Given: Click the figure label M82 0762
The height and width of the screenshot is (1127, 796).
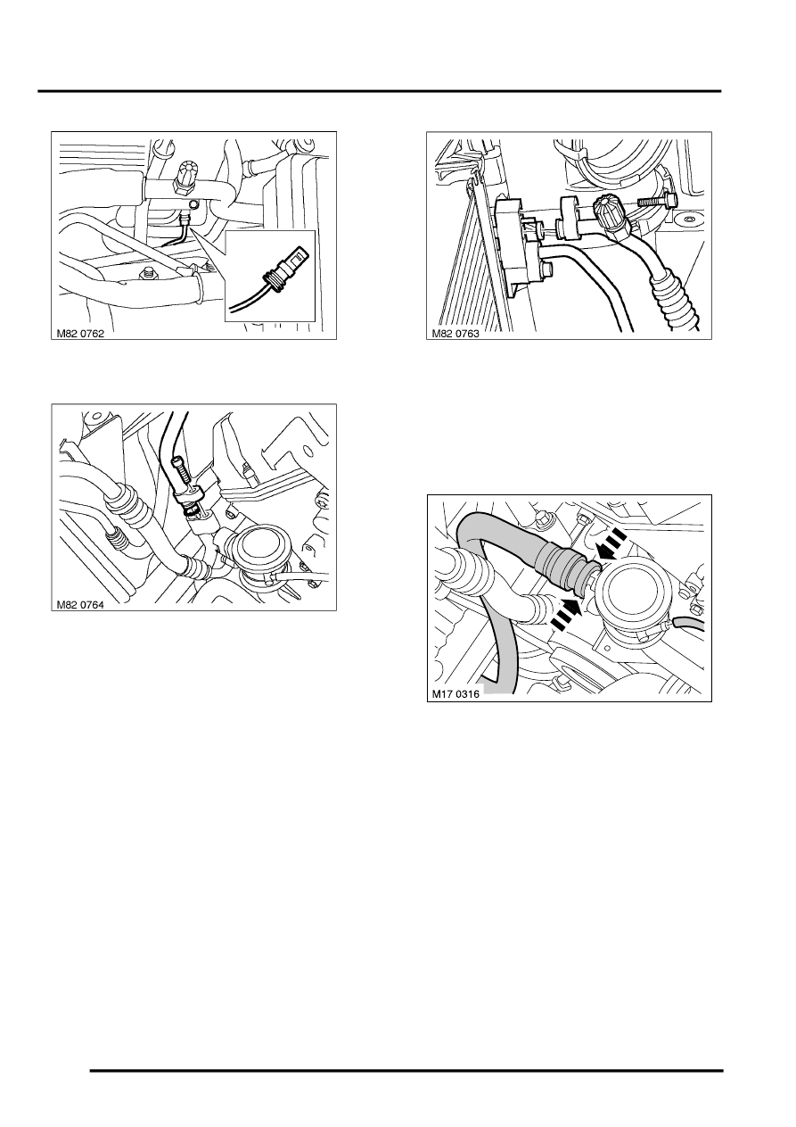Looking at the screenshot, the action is pyautogui.click(x=80, y=334).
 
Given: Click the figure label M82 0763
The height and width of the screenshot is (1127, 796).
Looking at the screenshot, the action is pyautogui.click(x=455, y=334).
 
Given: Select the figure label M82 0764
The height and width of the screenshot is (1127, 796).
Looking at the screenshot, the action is pyautogui.click(x=80, y=605).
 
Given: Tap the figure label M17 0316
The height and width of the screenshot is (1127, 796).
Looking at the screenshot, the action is pyautogui.click(x=455, y=695).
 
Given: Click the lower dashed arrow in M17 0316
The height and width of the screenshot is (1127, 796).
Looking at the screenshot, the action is pyautogui.click(x=567, y=613).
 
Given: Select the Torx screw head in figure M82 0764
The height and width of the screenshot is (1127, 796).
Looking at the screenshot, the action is pyautogui.click(x=321, y=501).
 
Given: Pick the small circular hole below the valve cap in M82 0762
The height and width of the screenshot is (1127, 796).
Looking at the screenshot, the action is pyautogui.click(x=194, y=203).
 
